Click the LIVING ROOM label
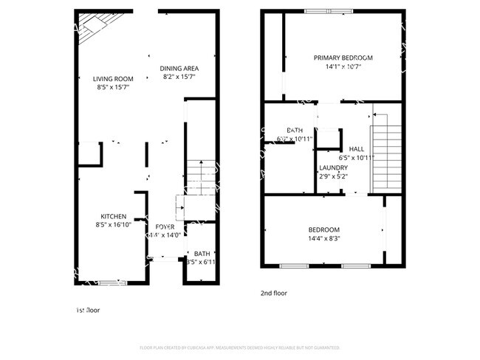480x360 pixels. [112, 79]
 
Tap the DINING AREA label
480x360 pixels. [179, 69]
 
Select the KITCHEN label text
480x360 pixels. [113, 216]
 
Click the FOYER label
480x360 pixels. [165, 226]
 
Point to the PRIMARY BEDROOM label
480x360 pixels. [343, 58]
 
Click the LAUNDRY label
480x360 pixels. [333, 167]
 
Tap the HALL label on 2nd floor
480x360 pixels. [357, 148]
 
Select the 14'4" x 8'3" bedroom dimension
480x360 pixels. [324, 238]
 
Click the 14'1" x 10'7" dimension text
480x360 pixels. [343, 66]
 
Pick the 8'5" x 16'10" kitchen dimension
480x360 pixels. [113, 225]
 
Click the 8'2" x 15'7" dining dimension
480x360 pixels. [179, 77]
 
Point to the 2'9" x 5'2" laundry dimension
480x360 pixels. [333, 176]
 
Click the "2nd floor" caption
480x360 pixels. [273, 293]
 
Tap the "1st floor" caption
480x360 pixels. [88, 311]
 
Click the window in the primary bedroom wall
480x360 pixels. [323, 11]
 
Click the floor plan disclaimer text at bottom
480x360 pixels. [239, 347]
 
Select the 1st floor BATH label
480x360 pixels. [202, 253]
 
